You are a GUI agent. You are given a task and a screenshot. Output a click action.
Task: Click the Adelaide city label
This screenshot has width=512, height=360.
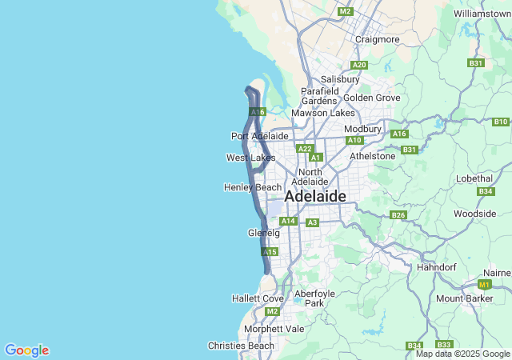click(315, 196)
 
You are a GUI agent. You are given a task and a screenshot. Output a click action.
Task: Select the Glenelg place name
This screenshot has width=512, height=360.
click(264, 233)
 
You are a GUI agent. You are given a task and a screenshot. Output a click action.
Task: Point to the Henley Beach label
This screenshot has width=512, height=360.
click(252, 187)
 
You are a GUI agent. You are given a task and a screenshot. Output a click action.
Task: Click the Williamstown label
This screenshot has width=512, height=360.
click(481, 14)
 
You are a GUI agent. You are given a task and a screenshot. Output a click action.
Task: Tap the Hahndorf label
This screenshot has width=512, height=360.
click(437, 267)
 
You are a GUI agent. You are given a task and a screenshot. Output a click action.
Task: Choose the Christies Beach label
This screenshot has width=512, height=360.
click(241, 346)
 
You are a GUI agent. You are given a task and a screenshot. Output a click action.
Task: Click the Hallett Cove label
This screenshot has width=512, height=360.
click(258, 298)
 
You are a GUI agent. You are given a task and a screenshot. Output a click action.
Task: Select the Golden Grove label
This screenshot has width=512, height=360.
click(371, 98)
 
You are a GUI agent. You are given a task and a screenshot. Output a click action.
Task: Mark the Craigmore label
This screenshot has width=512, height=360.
click(377, 39)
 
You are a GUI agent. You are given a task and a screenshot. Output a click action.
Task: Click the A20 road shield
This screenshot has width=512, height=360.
click(359, 65)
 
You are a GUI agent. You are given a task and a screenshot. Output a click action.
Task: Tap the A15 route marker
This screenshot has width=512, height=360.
click(270, 252)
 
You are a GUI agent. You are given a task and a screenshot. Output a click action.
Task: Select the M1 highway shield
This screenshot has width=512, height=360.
click(483, 284)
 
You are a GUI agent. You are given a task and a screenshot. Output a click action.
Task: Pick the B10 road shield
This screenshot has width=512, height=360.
click(501, 122)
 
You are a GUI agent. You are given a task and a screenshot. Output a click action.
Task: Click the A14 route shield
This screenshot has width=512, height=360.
click(289, 221)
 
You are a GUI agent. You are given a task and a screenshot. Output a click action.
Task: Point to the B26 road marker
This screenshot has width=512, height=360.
click(398, 214)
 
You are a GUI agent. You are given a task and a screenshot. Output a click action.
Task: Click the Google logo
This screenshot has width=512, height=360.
click(26, 350)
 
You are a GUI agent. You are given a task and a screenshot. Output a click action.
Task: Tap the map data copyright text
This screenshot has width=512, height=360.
click(463, 354)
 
